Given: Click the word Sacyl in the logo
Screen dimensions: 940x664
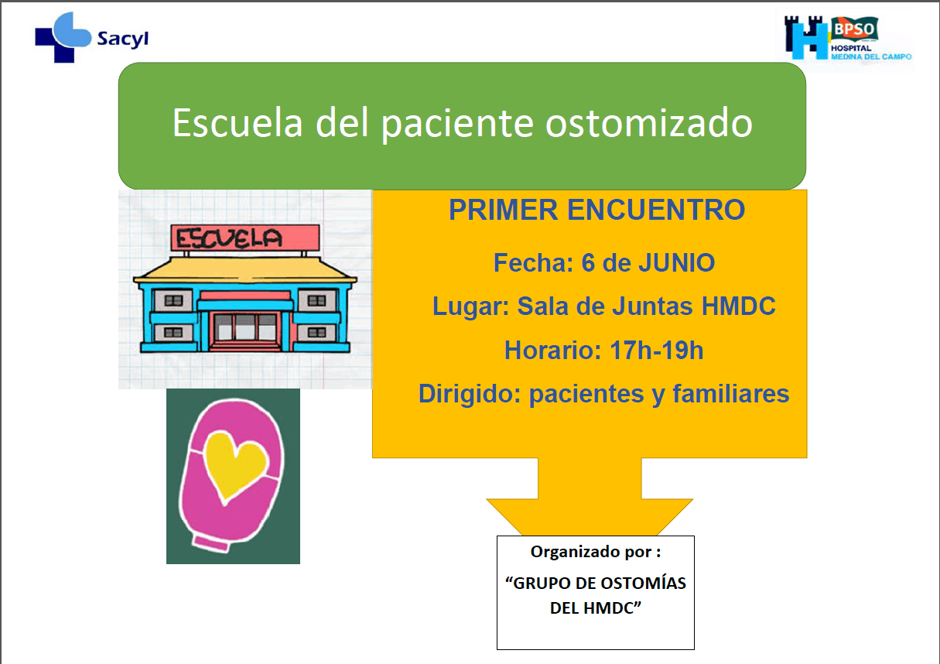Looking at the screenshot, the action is click(x=122, y=39).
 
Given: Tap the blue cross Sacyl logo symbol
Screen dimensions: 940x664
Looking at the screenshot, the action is click(x=63, y=37).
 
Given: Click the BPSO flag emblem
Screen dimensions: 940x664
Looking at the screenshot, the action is click(x=854, y=29).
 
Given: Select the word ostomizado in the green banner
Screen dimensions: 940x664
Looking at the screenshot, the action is click(x=648, y=123).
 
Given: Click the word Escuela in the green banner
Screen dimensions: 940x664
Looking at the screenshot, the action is click(x=238, y=123).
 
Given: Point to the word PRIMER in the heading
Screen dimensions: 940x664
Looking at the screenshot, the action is click(x=503, y=210).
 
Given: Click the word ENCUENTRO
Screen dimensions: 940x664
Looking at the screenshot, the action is click(x=656, y=210).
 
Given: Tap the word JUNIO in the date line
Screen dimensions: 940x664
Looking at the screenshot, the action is click(x=676, y=263).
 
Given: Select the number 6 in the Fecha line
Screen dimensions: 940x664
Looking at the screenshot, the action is click(x=588, y=263).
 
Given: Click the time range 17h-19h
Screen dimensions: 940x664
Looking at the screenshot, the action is click(x=656, y=350).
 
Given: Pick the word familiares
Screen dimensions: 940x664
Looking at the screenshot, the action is click(x=731, y=394).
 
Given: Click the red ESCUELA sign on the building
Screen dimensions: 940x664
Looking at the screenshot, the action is click(x=245, y=238).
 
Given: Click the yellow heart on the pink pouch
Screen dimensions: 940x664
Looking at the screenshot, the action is click(x=236, y=466).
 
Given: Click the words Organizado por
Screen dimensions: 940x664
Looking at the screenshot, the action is click(x=592, y=552).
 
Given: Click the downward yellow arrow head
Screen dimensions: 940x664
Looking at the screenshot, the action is click(x=590, y=517).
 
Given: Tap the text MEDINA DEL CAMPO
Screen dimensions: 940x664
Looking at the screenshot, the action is click(x=871, y=56).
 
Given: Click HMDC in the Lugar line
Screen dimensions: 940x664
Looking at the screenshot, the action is click(x=739, y=306).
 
